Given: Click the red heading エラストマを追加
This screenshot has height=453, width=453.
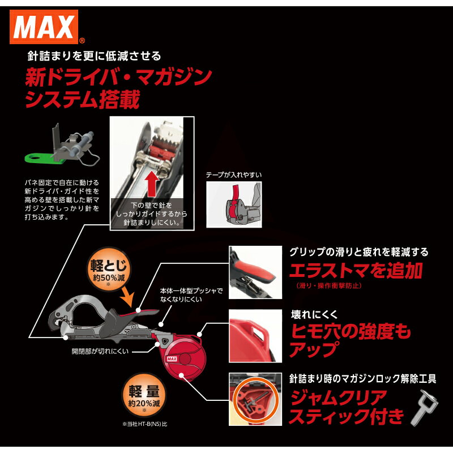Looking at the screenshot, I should [356, 271].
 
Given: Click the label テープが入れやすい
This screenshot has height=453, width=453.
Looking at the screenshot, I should [234, 175].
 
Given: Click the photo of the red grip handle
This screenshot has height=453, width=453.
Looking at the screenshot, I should [255, 272].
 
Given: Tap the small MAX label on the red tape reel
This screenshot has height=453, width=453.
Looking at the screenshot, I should [173, 358].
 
